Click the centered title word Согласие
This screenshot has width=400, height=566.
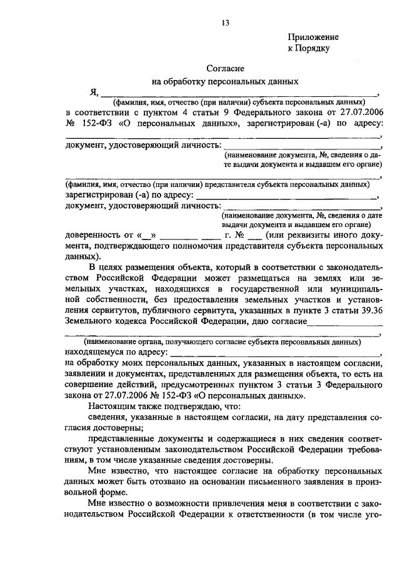coord(226,68)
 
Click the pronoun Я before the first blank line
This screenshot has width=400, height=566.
coord(94,93)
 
